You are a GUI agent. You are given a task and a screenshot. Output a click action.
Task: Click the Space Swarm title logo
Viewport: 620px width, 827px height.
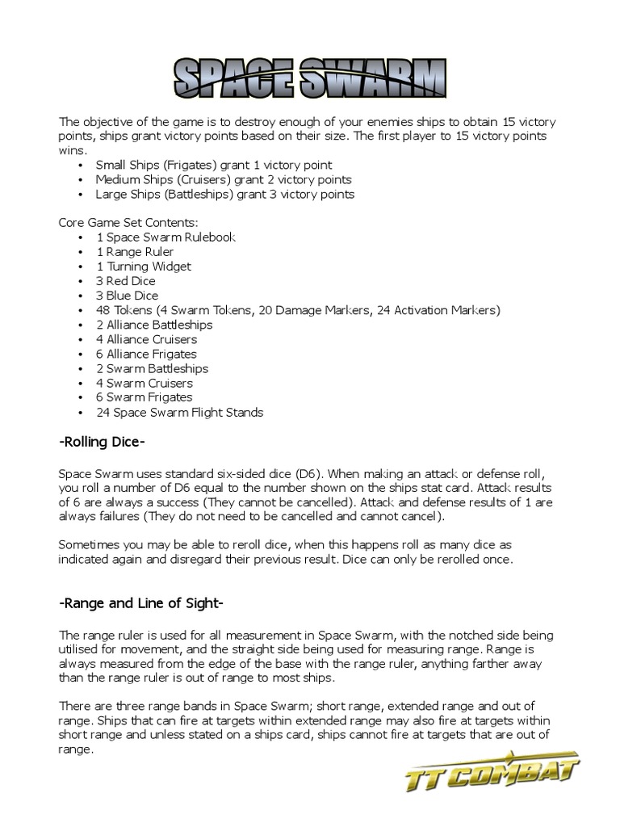click(x=310, y=78)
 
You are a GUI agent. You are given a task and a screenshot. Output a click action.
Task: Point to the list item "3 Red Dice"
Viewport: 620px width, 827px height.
click(x=125, y=281)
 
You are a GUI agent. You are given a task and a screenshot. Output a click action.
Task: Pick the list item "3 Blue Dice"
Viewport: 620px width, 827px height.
click(x=127, y=296)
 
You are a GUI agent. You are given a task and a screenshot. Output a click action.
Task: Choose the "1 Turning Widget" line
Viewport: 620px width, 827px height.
click(x=144, y=267)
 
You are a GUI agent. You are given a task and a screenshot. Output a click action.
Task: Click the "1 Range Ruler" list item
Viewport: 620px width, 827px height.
click(x=135, y=252)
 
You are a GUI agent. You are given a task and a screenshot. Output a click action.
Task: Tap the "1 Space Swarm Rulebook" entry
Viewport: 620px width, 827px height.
click(x=165, y=237)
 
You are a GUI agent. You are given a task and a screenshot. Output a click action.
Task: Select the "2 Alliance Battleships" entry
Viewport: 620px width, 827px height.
click(x=154, y=325)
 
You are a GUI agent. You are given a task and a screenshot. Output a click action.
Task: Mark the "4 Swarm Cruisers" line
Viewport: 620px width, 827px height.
click(x=145, y=383)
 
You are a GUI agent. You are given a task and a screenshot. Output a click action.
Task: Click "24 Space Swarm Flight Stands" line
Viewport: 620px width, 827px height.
click(x=179, y=412)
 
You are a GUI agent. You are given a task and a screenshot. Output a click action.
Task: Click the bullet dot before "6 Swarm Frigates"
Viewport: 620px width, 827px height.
click(x=82, y=397)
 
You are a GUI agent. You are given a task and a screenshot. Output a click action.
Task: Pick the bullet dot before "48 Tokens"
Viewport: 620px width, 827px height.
click(x=82, y=310)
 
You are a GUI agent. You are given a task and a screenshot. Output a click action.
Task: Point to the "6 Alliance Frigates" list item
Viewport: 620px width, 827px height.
click(x=146, y=354)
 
